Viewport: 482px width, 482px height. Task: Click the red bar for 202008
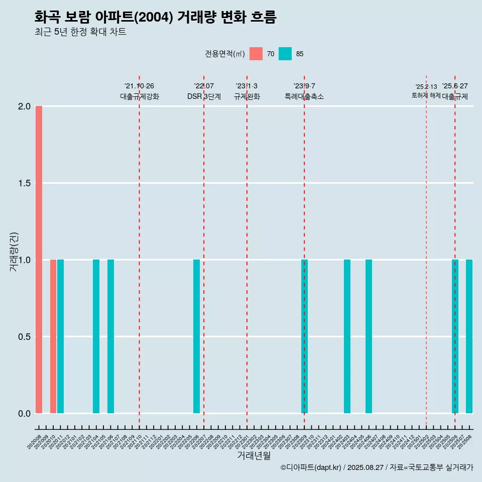tap(39, 260)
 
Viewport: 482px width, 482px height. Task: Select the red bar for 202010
tap(53, 336)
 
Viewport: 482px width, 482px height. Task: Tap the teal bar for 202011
tap(60, 336)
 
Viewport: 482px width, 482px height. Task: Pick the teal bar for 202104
tap(96, 336)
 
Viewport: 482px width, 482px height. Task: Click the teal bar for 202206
tap(196, 336)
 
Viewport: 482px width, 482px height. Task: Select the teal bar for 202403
tap(347, 336)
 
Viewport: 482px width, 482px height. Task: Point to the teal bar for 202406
tap(369, 336)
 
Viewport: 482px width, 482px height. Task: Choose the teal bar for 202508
tap(469, 336)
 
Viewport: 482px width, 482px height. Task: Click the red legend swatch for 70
tap(256, 54)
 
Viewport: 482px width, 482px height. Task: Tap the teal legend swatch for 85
tap(285, 54)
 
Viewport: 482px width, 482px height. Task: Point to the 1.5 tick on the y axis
tap(24, 183)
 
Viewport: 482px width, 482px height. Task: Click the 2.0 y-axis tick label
tap(24, 106)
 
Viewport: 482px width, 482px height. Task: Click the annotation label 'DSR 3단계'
tap(204, 96)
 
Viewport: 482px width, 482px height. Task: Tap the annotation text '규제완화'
tap(247, 96)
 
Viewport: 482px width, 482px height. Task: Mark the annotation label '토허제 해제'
tap(426, 95)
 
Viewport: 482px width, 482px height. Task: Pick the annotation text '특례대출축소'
tap(304, 96)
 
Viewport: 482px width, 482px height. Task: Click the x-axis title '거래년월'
tap(254, 456)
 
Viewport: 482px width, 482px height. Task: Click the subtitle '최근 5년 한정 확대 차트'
tap(80, 32)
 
